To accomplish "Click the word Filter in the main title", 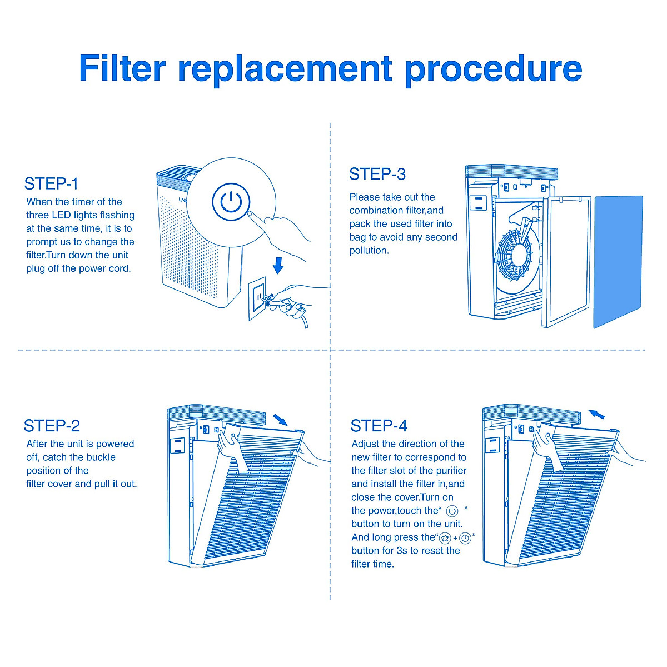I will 122,68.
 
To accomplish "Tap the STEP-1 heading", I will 51,184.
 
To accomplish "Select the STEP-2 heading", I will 52,426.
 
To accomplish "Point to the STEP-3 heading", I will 377,175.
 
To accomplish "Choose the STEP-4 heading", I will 379,426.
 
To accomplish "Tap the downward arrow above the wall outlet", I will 278,265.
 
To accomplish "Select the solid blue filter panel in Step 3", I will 618,261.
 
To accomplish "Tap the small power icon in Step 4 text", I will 452,511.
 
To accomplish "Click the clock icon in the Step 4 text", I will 465,538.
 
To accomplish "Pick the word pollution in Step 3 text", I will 369,251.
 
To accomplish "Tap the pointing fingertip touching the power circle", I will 251,213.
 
